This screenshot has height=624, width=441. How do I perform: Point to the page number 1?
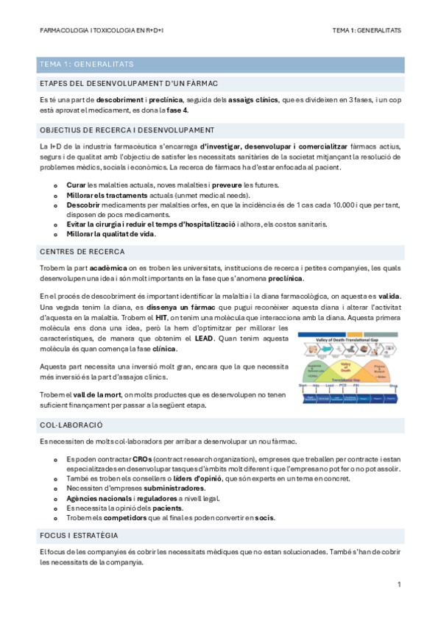(x=398, y=585)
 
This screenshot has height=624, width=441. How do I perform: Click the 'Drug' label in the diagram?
(x=394, y=385)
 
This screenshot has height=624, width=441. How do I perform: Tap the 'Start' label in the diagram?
(x=303, y=385)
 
